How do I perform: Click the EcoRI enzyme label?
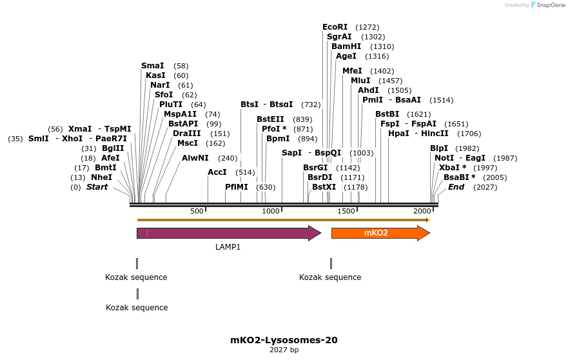coord(335,27)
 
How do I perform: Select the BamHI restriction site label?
coord(346,46)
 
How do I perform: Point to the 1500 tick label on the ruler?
coord(346,212)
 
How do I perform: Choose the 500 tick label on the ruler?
coord(197,212)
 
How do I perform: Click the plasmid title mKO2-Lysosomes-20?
coord(284,340)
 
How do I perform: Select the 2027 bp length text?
coord(284,350)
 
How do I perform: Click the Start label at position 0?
coord(97,187)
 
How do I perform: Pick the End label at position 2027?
coord(456,187)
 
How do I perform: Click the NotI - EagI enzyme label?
coord(460,158)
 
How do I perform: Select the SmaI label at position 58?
coord(152,66)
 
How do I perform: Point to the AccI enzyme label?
coord(217,172)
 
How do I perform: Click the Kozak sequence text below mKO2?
coord(330,277)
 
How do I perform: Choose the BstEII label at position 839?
coord(270,119)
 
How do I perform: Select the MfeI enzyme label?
coord(352,71)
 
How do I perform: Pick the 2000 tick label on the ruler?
coord(422,212)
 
